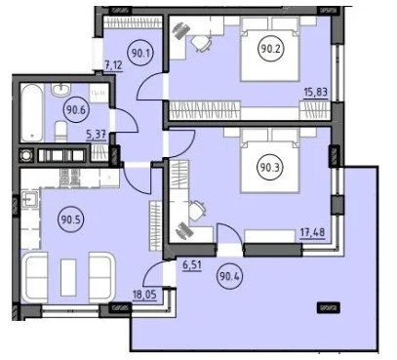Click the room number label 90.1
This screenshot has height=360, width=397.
(x=141, y=53)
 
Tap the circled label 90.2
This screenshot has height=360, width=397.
(x=271, y=49)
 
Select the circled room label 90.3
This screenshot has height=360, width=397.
(x=270, y=168)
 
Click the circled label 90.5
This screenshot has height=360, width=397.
(x=70, y=220)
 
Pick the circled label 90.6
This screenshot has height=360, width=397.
(x=75, y=110)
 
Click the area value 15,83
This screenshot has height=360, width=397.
(x=315, y=93)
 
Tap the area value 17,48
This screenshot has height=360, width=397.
(x=312, y=233)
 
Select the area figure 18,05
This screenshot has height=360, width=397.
(x=144, y=295)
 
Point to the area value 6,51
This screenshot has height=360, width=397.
(x=192, y=265)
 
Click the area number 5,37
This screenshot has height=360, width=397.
(x=97, y=134)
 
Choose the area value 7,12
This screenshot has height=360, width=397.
(x=113, y=65)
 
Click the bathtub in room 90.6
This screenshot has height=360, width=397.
(x=32, y=113)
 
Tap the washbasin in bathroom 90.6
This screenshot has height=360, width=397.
(x=61, y=89)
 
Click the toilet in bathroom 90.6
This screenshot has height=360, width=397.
(x=60, y=132)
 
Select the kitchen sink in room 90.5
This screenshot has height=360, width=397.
(x=30, y=198)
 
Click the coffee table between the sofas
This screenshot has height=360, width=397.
(x=68, y=277)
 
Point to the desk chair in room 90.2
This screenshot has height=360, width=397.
(x=201, y=43)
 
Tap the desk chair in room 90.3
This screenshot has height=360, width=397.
(x=197, y=210)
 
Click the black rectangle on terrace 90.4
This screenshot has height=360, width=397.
(x=329, y=307)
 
